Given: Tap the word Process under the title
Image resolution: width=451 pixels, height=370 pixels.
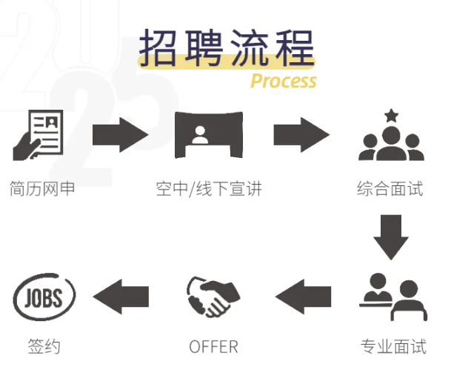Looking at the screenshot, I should (x=283, y=81).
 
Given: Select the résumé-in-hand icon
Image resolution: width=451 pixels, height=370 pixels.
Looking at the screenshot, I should (x=39, y=135).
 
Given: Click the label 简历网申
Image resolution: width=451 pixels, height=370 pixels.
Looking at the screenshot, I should (x=43, y=188).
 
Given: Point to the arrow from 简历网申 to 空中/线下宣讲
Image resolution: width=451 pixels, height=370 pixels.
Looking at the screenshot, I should (x=120, y=135).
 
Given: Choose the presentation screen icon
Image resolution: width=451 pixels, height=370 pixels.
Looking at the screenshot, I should (x=208, y=135).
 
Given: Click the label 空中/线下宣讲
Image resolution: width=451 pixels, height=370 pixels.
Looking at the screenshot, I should (x=209, y=188).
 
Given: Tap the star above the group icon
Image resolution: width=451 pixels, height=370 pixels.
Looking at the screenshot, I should (x=390, y=115).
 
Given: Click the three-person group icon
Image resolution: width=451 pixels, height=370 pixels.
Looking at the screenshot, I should (x=390, y=143).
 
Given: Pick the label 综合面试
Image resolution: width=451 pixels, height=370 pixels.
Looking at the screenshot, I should (x=390, y=188).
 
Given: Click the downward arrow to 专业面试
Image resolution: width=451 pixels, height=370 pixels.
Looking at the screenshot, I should (x=390, y=237).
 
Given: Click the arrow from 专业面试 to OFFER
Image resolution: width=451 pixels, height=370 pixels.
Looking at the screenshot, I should (x=302, y=297).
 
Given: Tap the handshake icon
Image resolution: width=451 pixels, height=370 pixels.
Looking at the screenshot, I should (x=213, y=297).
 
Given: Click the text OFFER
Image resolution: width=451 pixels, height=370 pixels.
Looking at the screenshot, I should (x=213, y=346).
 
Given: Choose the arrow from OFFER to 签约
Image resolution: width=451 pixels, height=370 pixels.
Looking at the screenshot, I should (x=121, y=297).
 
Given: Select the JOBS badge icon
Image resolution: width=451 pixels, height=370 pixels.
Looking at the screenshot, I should (x=44, y=298).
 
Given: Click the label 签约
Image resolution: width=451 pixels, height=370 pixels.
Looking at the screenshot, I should (x=44, y=346).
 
